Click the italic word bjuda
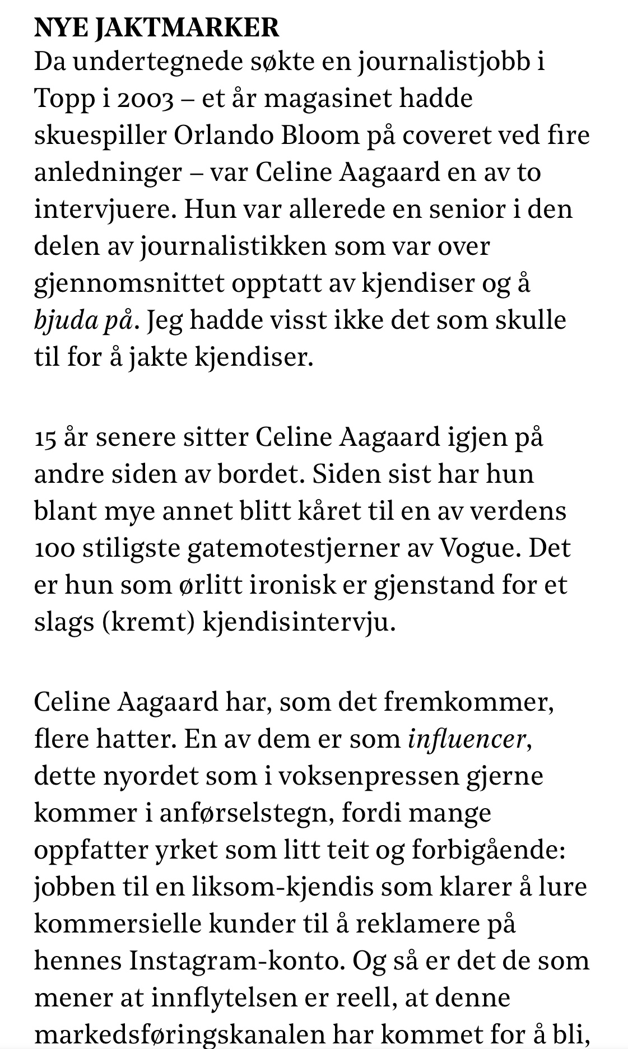(62, 321)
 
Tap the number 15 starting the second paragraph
(45, 438)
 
